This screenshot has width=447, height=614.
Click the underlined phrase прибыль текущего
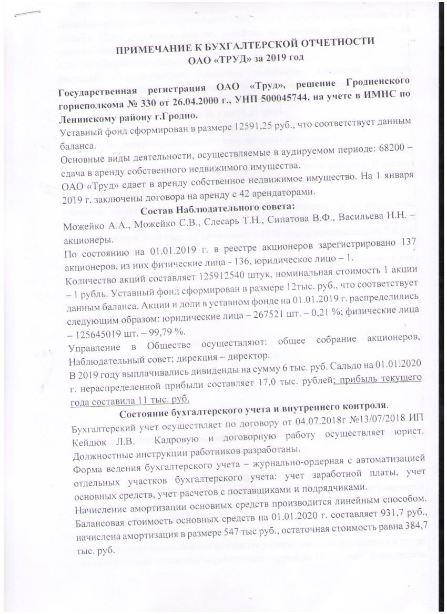click(x=380, y=377)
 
